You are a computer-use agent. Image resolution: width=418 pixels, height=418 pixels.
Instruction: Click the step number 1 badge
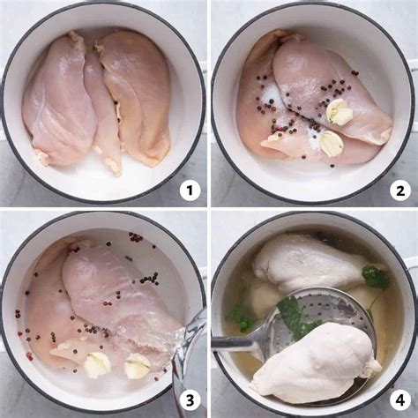tap(190, 190)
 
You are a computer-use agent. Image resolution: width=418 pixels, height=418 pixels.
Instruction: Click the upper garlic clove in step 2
tap(340, 111)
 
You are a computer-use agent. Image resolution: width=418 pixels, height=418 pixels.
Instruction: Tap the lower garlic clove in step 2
tap(331, 143)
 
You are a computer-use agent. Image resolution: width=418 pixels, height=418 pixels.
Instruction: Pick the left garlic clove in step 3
tap(96, 363)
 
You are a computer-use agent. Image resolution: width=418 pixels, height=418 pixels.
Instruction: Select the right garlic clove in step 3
tap(137, 365)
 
